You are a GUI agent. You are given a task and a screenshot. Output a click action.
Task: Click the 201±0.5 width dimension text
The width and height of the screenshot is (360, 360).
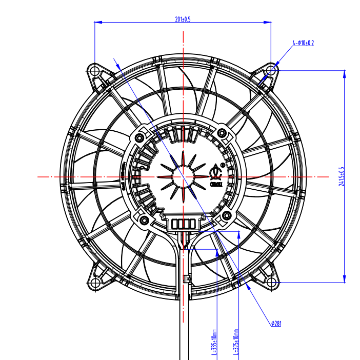pyautogui.click(x=183, y=19)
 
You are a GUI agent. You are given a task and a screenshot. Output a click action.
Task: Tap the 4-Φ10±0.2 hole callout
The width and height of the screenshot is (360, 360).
pyautogui.click(x=303, y=43)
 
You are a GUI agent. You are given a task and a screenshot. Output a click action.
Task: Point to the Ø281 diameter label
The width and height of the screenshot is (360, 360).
pyautogui.click(x=276, y=323)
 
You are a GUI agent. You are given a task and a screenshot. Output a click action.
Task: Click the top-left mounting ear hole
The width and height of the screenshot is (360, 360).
pyautogui.click(x=94, y=70)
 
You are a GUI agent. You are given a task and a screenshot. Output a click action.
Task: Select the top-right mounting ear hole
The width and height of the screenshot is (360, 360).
pyautogui.click(x=271, y=70)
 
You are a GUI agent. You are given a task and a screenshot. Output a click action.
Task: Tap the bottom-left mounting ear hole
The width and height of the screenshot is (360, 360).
pyautogui.click(x=94, y=283)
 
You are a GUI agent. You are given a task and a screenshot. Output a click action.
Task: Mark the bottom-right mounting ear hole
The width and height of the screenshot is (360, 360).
pyautogui.click(x=271, y=283)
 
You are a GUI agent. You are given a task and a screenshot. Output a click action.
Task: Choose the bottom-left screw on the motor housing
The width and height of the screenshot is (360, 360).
pyautogui.click(x=144, y=221)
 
